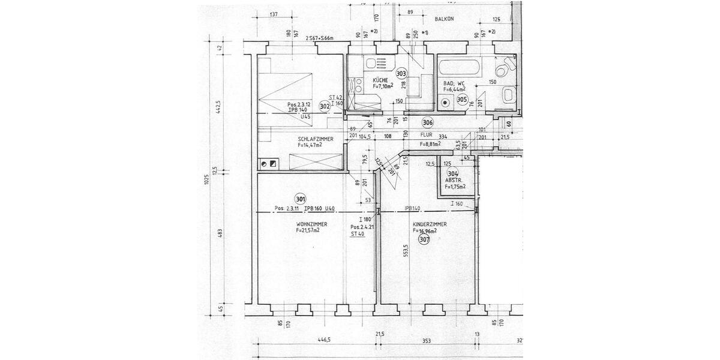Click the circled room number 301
pyautogui.click(x=301, y=199)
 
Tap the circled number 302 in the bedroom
pyautogui.click(x=325, y=106)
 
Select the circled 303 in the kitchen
pyautogui.click(x=401, y=74)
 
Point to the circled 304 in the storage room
pyautogui.click(x=453, y=173)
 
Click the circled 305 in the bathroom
pyautogui.click(x=462, y=100)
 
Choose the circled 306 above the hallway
pyautogui.click(x=428, y=122)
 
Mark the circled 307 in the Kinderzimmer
pyautogui.click(x=424, y=239)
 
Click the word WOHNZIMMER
pyautogui.click(x=311, y=224)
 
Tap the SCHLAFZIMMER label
pyautogui.click(x=316, y=138)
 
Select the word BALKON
pyautogui.click(x=444, y=19)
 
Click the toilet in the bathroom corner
pyautogui.click(x=509, y=62)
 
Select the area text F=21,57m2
pyautogui.click(x=308, y=230)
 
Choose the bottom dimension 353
pyautogui.click(x=427, y=340)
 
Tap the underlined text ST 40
pyautogui.click(x=358, y=234)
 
